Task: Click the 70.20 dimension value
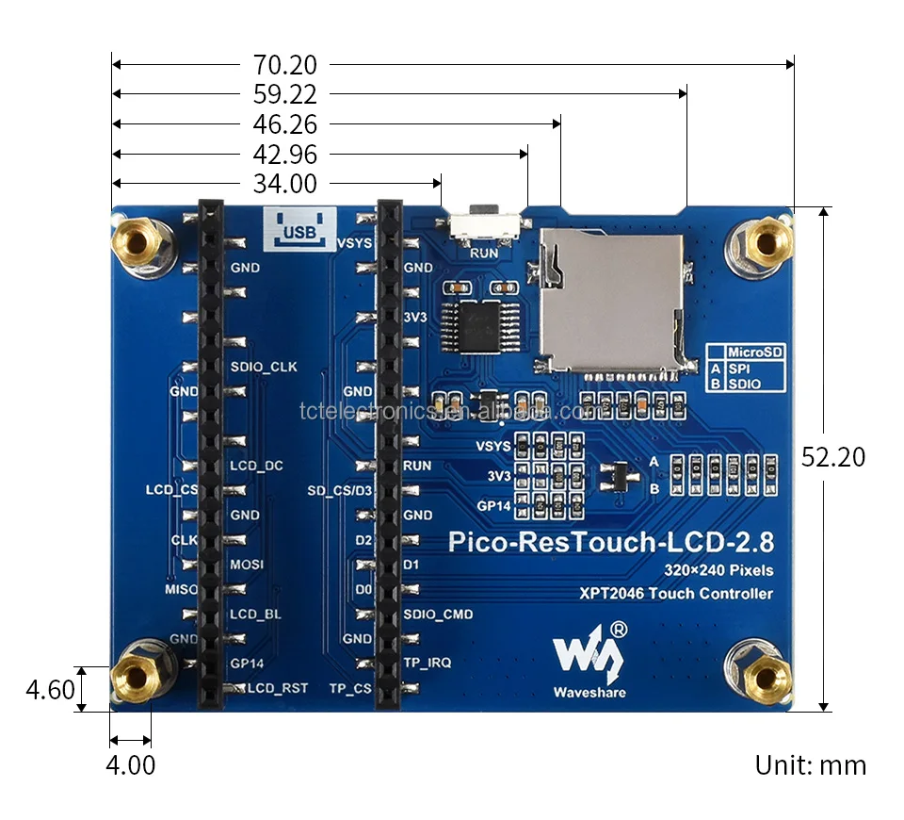point(284,65)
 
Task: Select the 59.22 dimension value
point(284,95)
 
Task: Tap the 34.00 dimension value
point(284,184)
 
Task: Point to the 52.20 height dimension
point(832,457)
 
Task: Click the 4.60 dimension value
point(50,690)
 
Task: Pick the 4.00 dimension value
point(130,764)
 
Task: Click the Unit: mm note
point(810,764)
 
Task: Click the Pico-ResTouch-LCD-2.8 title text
point(611,542)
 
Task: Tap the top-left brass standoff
point(137,244)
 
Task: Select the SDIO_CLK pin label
point(264,367)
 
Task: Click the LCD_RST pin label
point(278,688)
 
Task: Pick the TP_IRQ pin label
point(427,663)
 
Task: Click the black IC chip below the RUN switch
point(480,325)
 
